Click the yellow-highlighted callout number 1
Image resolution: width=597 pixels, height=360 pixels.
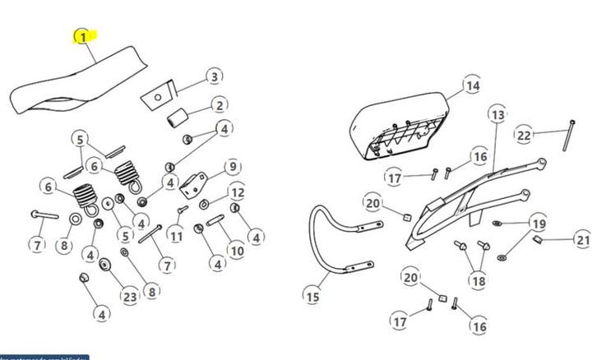click(82, 38)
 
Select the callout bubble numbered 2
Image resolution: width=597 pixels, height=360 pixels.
click(219, 105)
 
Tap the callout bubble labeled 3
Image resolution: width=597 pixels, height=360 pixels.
click(213, 77)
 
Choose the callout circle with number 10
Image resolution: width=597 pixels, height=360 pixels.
click(236, 251)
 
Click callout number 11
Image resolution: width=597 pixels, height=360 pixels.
click(176, 236)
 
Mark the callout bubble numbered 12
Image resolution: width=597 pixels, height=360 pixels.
click(237, 193)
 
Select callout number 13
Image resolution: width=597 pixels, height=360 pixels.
click(497, 115)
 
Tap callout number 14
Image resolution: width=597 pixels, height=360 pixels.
click(471, 85)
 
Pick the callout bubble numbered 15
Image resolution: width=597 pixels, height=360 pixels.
click(312, 296)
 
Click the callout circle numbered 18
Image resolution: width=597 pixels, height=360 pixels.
click(478, 281)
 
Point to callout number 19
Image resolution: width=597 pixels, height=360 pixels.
click(537, 224)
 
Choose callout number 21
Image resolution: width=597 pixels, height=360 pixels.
click(582, 240)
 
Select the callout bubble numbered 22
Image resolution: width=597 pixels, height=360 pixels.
click(525, 135)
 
